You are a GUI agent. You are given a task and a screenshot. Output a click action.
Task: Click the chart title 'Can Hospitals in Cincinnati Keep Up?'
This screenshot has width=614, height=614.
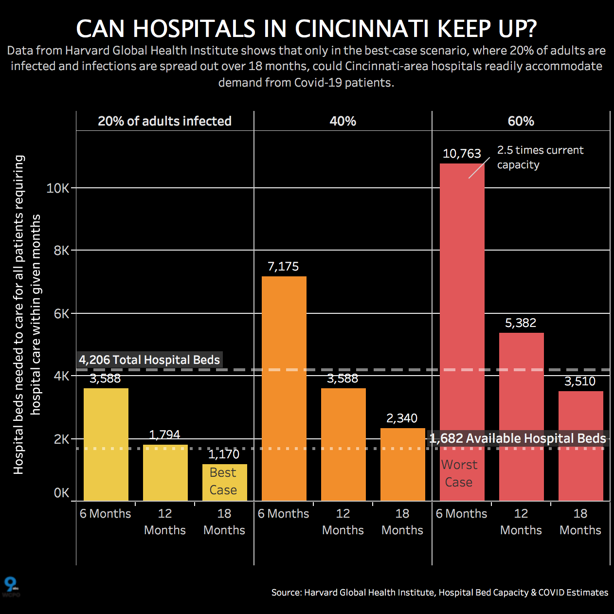[x=307, y=29]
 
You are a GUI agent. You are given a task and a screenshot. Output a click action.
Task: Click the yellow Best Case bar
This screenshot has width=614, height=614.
[x=224, y=482]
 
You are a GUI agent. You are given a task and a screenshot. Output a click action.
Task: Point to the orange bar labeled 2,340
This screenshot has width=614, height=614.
[x=402, y=467]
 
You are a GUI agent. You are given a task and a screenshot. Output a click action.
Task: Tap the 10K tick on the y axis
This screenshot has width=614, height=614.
[x=58, y=188]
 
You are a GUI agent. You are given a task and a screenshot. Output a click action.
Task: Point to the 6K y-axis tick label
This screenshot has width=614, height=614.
[x=61, y=314]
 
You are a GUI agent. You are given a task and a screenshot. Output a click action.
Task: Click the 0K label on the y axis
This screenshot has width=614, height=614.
[x=61, y=493]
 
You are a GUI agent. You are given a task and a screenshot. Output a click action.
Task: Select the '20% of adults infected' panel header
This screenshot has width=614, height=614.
[x=164, y=121]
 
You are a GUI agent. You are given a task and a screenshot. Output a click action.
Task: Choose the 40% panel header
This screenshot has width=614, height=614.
[x=343, y=121]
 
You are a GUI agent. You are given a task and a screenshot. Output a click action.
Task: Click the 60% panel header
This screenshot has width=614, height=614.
[x=521, y=121]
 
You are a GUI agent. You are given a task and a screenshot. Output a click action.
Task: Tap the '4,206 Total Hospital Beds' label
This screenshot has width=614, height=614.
[x=149, y=360]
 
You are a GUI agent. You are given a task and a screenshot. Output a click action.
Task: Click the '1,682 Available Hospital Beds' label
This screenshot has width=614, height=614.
[x=518, y=438]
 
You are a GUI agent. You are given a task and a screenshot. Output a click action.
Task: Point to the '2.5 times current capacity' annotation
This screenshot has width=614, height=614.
[x=540, y=157]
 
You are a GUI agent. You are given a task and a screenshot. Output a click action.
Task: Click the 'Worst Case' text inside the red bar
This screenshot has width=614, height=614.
[x=459, y=473]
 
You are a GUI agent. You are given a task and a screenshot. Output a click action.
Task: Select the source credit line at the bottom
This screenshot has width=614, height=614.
[x=439, y=592]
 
